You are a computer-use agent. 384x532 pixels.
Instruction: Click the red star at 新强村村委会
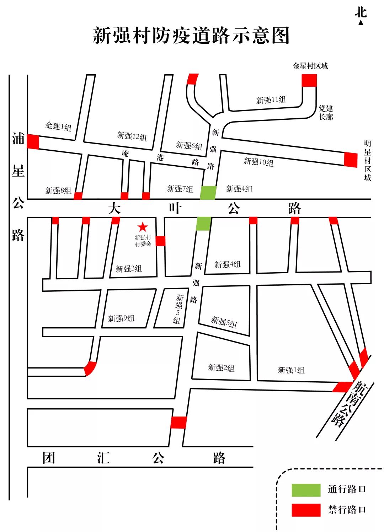143,227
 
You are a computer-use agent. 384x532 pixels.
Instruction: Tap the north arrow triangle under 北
361,23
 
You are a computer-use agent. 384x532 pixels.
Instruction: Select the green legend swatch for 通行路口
306,490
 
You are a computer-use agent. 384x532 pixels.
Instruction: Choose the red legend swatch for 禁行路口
306,510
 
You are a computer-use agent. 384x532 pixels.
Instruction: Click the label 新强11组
271,100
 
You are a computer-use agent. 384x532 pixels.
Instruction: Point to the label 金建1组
58,126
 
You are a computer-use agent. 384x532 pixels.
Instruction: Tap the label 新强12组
132,136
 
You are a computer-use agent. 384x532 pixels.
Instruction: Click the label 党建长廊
326,112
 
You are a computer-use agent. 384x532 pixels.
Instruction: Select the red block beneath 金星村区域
309,80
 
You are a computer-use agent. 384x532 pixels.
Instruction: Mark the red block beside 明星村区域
351,160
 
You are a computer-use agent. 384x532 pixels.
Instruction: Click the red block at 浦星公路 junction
33,142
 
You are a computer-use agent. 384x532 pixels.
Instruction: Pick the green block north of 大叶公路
208,193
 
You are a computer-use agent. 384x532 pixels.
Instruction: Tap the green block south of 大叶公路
204,224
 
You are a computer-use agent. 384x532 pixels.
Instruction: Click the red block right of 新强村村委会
160,241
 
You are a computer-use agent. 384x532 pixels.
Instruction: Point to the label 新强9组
121,318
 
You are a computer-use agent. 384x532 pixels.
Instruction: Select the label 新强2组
221,368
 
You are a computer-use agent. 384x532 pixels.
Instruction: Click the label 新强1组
291,370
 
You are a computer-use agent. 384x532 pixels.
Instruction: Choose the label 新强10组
258,162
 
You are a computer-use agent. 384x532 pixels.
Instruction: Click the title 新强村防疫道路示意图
191,36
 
